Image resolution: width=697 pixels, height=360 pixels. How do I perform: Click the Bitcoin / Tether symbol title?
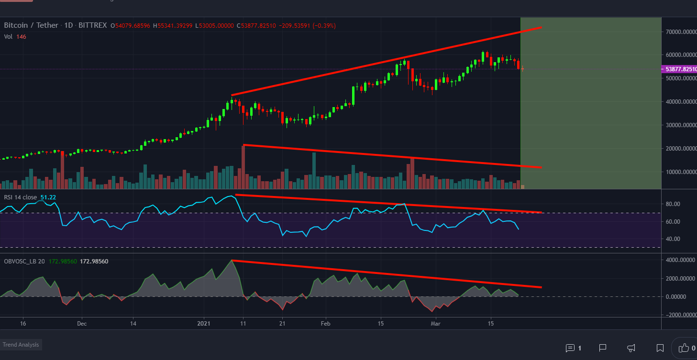point(31,25)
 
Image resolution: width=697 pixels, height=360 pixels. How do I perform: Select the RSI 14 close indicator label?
point(20,197)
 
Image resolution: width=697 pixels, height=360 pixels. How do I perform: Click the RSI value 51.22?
point(48,197)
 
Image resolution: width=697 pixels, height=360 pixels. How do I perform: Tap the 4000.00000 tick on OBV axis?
point(679,260)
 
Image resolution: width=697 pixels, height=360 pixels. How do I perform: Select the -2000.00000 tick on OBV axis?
point(678,315)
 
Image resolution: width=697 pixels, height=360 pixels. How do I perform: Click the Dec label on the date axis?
point(82,324)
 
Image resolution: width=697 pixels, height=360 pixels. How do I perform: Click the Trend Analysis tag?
point(21,344)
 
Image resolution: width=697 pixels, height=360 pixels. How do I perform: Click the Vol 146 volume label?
point(15,36)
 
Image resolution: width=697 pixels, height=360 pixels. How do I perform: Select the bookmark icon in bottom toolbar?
point(660,348)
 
